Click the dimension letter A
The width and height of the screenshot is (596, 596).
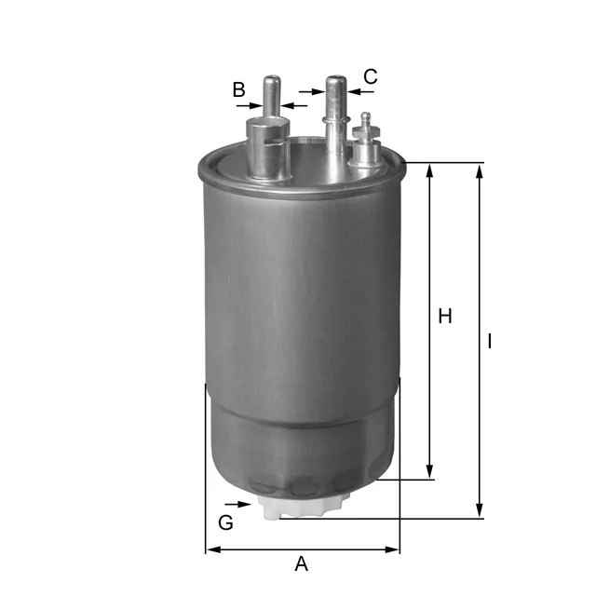[x=301, y=564]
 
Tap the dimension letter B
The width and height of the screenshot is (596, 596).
[x=238, y=89]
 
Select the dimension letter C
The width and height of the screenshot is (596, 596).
[x=371, y=76]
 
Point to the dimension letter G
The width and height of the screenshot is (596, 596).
[x=225, y=522]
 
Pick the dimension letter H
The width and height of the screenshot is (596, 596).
[x=445, y=317]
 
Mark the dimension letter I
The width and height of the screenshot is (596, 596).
[x=490, y=342]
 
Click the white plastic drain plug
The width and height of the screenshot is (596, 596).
[x=300, y=506]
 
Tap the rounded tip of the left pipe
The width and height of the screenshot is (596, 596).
[x=272, y=80]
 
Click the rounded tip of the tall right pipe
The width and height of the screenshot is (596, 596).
[x=336, y=81]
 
